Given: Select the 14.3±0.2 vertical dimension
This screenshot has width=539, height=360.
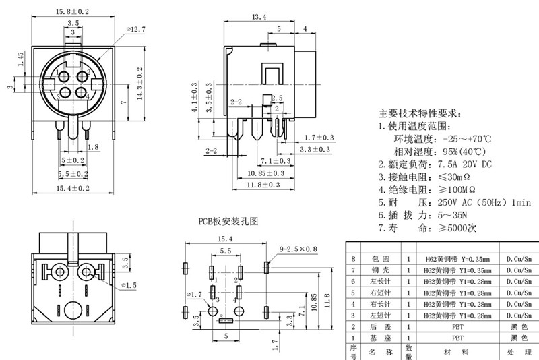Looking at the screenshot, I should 139,84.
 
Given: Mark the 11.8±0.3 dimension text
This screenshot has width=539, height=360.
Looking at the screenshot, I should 262,184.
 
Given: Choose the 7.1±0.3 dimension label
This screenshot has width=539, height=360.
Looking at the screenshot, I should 276,161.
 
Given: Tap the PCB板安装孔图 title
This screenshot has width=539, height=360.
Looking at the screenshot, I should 228,220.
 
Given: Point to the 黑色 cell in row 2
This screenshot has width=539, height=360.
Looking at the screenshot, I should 518,325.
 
